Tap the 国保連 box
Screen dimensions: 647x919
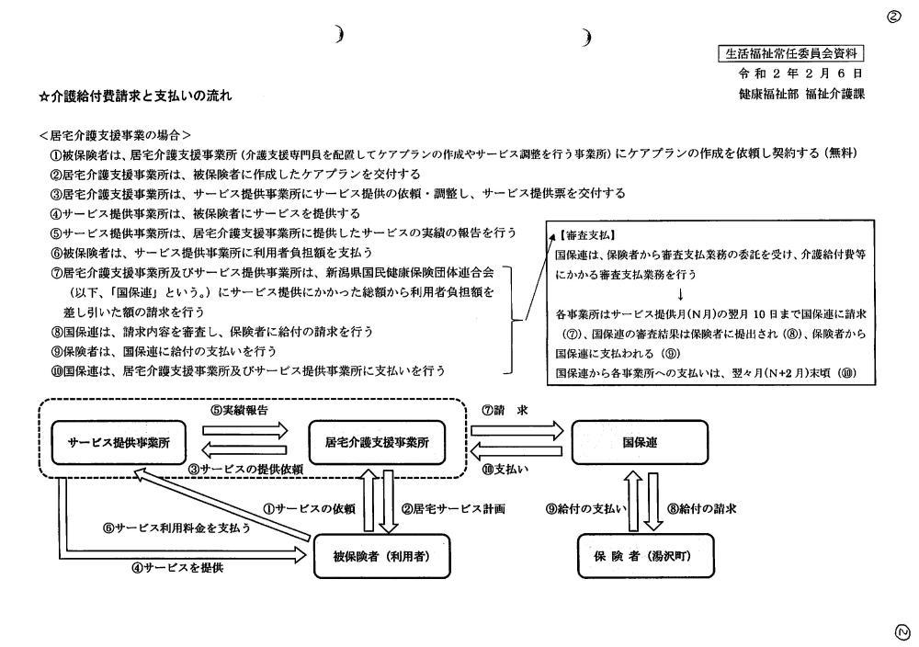(640, 441)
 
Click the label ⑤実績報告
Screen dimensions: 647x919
(240, 410)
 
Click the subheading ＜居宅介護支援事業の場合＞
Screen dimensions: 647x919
(115, 133)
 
